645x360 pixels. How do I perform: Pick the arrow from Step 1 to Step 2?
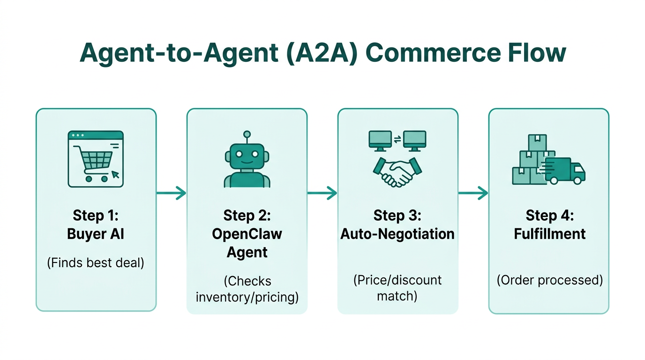171,193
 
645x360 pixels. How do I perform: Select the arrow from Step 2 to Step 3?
322,193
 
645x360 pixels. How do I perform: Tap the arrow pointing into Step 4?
473,193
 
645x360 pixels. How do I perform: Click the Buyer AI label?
96,233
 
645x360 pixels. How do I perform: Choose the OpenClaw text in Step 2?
247,233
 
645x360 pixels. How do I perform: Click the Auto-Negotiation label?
397,233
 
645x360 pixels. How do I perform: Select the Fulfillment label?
549,233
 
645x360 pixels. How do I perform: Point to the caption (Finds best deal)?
96,262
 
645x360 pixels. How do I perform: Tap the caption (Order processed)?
549,280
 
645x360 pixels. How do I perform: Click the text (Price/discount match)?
397,288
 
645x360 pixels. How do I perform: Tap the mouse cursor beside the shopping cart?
115,175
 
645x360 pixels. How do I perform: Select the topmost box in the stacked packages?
538,142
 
